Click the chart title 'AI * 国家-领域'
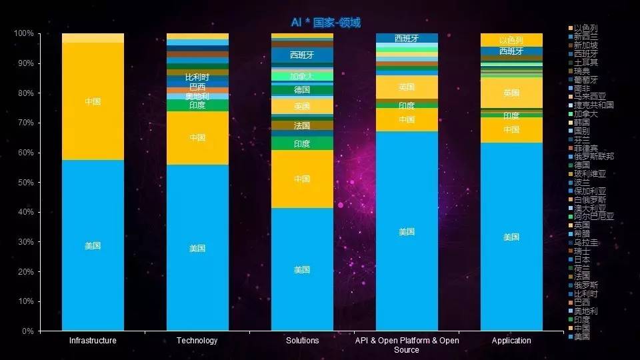326,23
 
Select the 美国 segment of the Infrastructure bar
93,245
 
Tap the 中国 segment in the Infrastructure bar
93,101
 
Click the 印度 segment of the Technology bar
197,105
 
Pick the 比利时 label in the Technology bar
197,77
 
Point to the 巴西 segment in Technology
197,87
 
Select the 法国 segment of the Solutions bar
302,125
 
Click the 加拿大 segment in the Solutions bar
302,76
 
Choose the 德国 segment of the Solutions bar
302,89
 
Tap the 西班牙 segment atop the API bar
407,38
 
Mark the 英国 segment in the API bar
407,87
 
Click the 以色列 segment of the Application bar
511,40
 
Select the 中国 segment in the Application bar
511,129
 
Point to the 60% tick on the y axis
25,153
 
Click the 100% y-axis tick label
23,33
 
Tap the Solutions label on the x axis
302,341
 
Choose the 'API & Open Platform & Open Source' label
407,345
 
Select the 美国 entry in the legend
581,337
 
